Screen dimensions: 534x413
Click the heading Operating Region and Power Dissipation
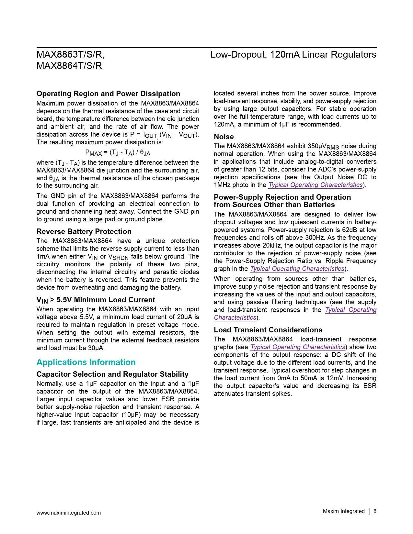click(108, 94)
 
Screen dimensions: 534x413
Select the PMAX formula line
click(118, 152)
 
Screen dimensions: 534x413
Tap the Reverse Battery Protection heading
click(84, 231)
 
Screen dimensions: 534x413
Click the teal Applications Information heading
click(86, 362)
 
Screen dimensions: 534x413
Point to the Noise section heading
click(224, 137)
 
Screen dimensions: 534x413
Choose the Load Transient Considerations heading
click(268, 330)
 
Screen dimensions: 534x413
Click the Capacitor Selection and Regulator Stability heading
click(112, 374)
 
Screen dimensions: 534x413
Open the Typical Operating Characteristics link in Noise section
click(315, 185)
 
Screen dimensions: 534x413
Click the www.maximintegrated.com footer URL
click(68, 513)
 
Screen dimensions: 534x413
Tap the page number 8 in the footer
click(375, 511)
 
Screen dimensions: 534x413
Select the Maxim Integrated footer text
click(343, 511)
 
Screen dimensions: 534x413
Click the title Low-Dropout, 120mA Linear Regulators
click(293, 54)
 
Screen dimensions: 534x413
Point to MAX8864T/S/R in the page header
click(69, 66)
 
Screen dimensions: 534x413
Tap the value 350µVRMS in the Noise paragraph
click(323, 147)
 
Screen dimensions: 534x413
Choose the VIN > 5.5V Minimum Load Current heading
click(96, 300)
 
